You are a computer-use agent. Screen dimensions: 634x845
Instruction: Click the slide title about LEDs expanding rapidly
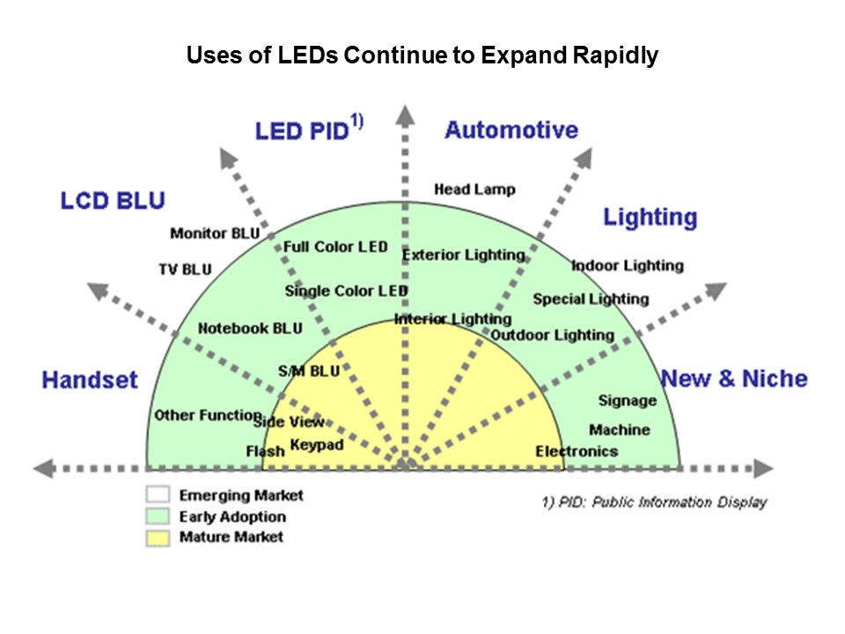(x=422, y=56)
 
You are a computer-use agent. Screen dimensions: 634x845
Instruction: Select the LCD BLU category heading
(x=112, y=201)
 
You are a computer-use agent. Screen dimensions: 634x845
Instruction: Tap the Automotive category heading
(x=511, y=130)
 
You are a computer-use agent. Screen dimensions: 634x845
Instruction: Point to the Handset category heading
(x=90, y=380)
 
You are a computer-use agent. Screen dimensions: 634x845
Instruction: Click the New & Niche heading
(x=733, y=379)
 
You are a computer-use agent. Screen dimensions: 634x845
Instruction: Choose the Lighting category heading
(x=650, y=217)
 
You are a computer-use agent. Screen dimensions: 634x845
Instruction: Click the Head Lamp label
(x=474, y=189)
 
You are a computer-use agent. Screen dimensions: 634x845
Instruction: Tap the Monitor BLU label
(x=215, y=233)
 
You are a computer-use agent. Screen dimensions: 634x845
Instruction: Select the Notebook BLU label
(x=250, y=328)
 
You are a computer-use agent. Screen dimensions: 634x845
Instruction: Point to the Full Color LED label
(x=334, y=247)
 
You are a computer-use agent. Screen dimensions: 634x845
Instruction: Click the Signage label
(x=628, y=401)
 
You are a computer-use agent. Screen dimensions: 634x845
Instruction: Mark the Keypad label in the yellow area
(x=317, y=445)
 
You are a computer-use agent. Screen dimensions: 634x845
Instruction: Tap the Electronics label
(x=577, y=452)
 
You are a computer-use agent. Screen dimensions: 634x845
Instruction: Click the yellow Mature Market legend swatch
(x=158, y=537)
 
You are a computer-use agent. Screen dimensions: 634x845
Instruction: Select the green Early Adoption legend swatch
(x=158, y=517)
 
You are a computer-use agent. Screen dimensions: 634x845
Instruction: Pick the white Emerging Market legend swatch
(x=158, y=496)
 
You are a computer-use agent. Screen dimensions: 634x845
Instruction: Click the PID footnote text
(x=654, y=502)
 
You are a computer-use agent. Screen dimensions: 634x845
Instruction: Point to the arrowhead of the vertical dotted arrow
(x=404, y=114)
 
